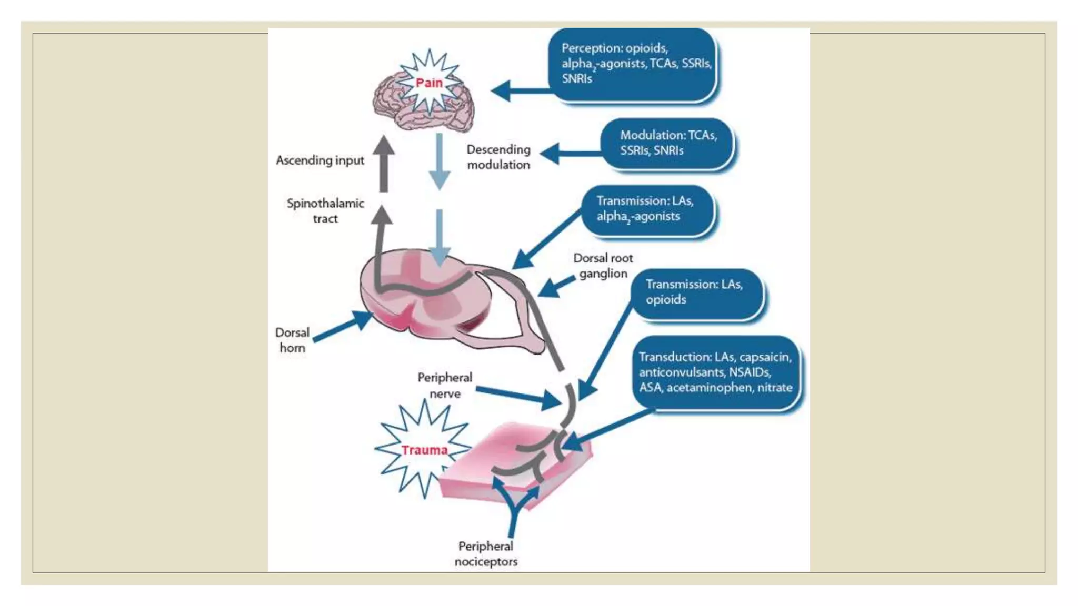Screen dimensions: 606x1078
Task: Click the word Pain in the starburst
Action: (429, 83)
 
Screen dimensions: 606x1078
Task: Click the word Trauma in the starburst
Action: (424, 450)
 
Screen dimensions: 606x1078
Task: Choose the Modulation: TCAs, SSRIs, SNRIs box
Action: (667, 143)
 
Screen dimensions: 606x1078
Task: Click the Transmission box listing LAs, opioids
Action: (696, 292)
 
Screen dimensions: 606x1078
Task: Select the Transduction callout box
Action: (715, 372)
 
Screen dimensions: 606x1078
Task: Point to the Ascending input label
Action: (320, 160)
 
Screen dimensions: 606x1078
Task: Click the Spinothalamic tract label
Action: (325, 211)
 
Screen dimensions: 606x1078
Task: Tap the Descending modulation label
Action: (498, 157)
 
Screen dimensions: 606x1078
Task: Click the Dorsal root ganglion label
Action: (603, 266)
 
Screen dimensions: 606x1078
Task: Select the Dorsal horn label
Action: (292, 340)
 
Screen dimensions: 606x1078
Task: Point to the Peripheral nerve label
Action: (445, 386)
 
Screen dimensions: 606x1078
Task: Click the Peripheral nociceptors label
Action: (486, 554)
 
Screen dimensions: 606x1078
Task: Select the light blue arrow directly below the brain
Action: (439, 160)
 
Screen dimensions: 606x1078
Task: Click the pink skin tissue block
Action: (505, 473)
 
